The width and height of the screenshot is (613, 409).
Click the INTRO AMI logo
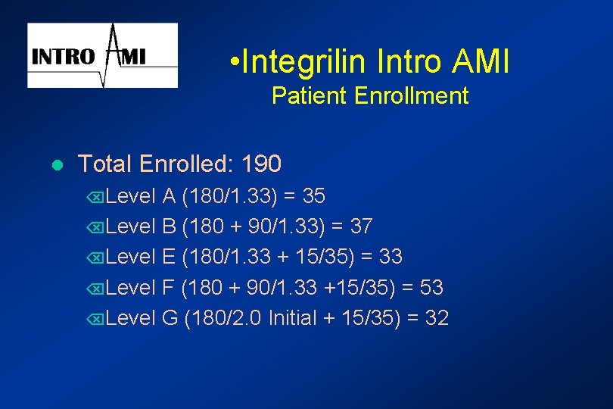(x=102, y=55)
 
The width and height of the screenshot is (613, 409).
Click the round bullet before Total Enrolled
(x=57, y=164)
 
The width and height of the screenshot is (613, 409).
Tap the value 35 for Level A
(x=313, y=197)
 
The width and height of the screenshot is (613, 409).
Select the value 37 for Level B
(x=361, y=227)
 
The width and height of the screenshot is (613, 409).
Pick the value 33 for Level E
(x=391, y=258)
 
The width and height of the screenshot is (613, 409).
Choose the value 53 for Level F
(x=431, y=288)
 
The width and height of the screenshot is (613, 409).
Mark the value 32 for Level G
(x=437, y=318)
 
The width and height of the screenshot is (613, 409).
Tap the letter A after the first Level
(x=170, y=197)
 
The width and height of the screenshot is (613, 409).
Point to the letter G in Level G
(x=170, y=318)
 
